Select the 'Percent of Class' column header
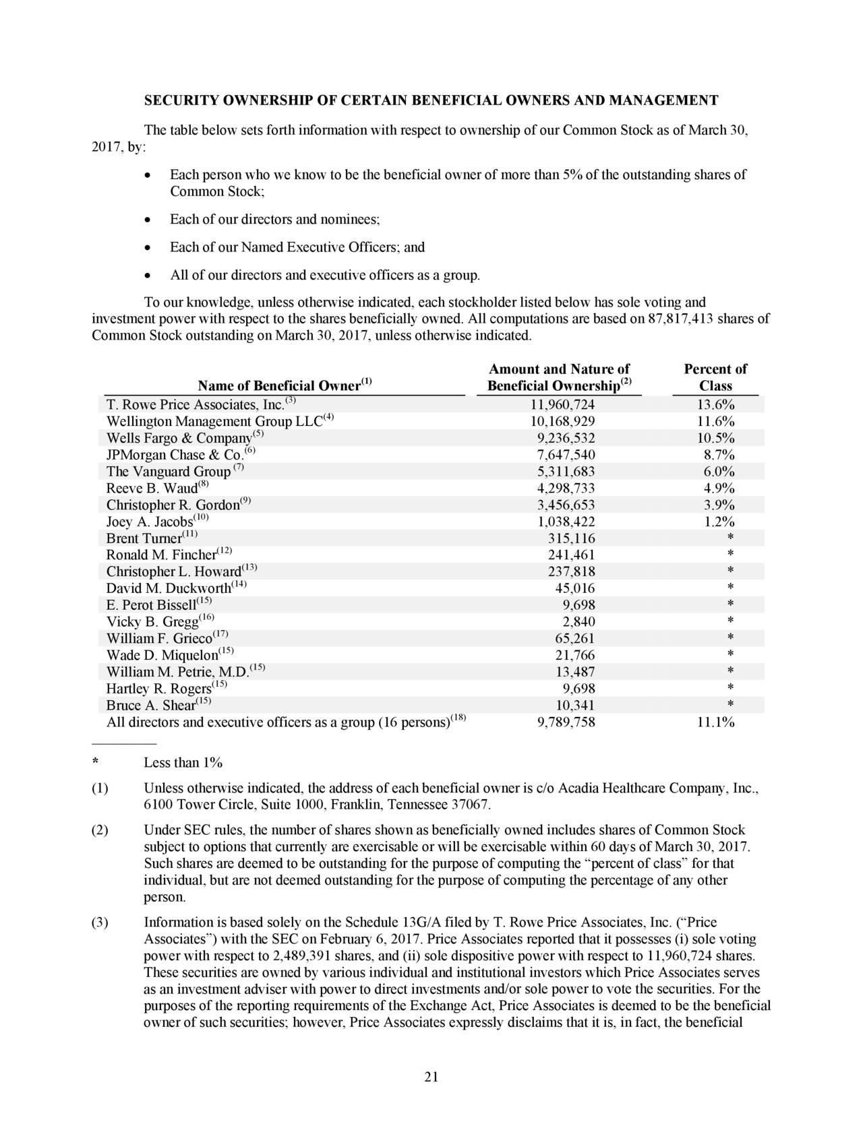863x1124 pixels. (x=715, y=378)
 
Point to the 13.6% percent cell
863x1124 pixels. (x=716, y=404)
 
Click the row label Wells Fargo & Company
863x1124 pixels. (x=179, y=438)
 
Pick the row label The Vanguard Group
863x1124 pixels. (x=168, y=472)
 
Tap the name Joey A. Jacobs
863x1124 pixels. (x=149, y=522)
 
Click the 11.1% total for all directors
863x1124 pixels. (x=716, y=722)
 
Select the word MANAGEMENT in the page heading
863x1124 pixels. (x=663, y=101)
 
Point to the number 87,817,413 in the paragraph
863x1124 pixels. (x=680, y=319)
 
